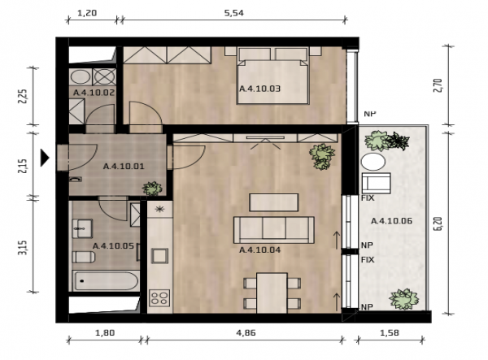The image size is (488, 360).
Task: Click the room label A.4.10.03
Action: pyautogui.click(x=260, y=89)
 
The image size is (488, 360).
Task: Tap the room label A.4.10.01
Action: pyautogui.click(x=124, y=167)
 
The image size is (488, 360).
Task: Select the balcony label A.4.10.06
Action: pyautogui.click(x=391, y=221)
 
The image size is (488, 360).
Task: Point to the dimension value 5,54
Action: pyautogui.click(x=233, y=13)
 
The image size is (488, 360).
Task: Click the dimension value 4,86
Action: pyautogui.click(x=246, y=332)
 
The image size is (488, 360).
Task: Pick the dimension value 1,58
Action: pyautogui.click(x=390, y=332)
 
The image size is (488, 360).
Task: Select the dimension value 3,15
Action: pyautogui.click(x=23, y=248)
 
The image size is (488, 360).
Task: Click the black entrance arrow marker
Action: pyautogui.click(x=45, y=158)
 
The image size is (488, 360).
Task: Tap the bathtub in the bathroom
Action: pyautogui.click(x=105, y=280)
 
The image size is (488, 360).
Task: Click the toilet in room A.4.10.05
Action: pyautogui.click(x=84, y=257)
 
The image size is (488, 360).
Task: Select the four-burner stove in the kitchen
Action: pyautogui.click(x=159, y=297)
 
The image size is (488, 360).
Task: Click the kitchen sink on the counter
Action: pyautogui.click(x=159, y=256)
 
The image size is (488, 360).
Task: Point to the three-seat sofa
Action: pyautogui.click(x=274, y=230)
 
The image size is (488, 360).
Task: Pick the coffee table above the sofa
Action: pyautogui.click(x=274, y=202)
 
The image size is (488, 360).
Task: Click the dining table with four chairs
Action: pyautogui.click(x=272, y=293)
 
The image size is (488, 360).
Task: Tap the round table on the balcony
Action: pyautogui.click(x=373, y=162)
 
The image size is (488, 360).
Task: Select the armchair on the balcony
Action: pyautogui.click(x=376, y=183)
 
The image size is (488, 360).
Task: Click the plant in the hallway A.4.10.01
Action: pyautogui.click(x=152, y=189)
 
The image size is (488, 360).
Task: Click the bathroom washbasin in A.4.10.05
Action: pyautogui.click(x=82, y=228)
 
